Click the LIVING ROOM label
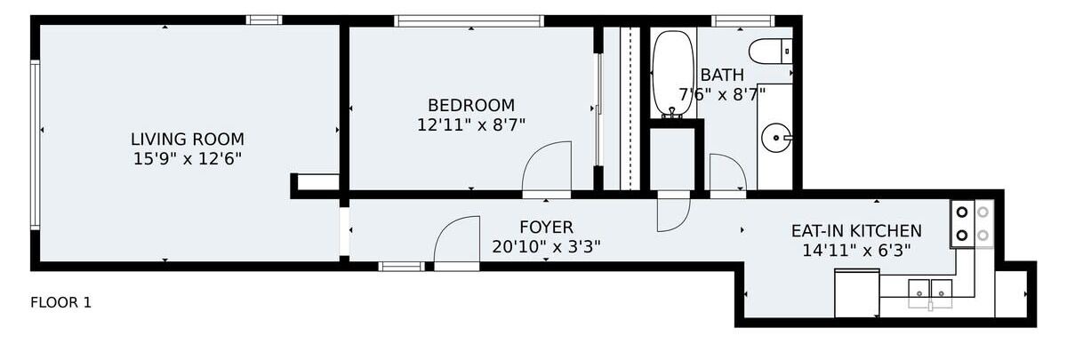[x=188, y=139]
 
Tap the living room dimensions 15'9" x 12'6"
[x=188, y=158]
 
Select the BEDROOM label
[x=471, y=105]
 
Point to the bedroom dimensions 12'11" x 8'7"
[x=471, y=124]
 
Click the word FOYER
[x=546, y=228]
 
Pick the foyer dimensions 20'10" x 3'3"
[x=546, y=247]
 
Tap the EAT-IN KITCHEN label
[x=856, y=231]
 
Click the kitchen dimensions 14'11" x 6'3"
[x=856, y=251]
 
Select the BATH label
[x=722, y=75]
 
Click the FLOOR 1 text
[x=60, y=302]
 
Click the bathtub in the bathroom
[x=672, y=74]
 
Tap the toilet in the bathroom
[x=770, y=51]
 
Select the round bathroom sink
[x=776, y=138]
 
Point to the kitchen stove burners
[x=973, y=224]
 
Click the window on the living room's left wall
[x=35, y=145]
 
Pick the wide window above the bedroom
[x=469, y=21]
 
